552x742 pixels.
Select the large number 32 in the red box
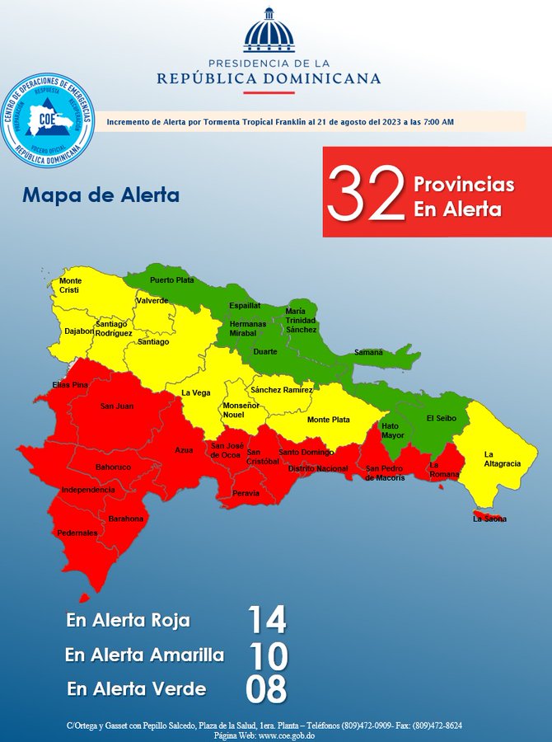[366, 192]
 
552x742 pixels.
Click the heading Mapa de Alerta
[101, 196]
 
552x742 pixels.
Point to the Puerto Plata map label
[172, 280]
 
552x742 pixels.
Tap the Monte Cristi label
[70, 286]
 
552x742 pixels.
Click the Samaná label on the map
[368, 352]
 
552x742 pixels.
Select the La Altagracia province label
[502, 458]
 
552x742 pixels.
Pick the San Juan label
[116, 406]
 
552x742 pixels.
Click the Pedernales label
[77, 533]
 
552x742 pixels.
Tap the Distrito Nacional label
[318, 467]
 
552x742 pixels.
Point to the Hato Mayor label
[393, 430]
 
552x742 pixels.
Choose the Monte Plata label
[328, 420]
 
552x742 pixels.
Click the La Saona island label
[489, 519]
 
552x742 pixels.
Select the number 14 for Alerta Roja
[267, 620]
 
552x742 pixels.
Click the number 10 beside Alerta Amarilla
[269, 655]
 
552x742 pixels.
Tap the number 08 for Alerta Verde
[266, 689]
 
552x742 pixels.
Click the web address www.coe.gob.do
[287, 735]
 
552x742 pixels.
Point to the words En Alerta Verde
[137, 689]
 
